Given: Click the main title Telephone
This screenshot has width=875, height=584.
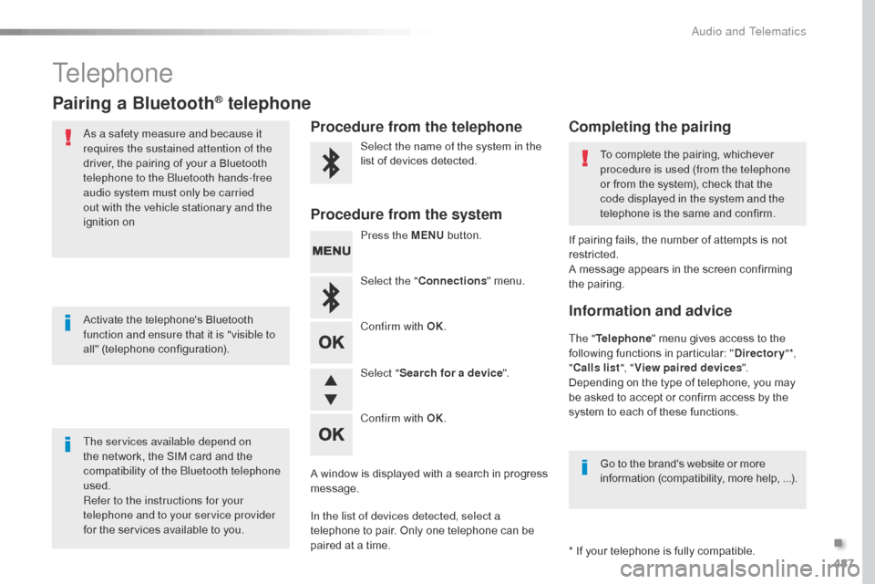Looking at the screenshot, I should coord(113,73).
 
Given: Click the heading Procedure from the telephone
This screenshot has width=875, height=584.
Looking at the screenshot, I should coord(417,127).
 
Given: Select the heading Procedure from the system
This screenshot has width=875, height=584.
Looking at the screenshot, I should coord(407,214).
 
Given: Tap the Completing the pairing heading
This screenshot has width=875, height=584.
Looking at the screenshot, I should coord(650,127).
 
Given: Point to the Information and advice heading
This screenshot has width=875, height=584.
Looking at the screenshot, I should coord(650,311).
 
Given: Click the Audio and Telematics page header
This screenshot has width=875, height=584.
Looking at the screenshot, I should coord(748,31).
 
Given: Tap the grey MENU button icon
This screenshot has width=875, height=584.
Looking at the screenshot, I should coord(331,251).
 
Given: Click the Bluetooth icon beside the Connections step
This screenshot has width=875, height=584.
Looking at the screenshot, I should coord(331,297).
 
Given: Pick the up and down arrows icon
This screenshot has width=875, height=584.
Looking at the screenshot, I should coord(331,389).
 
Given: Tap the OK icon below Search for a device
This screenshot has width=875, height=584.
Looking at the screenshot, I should coord(331,434).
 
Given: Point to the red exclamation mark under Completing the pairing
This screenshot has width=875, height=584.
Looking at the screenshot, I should coord(584,160).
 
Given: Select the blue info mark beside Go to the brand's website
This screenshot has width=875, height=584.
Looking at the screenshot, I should coord(584,468).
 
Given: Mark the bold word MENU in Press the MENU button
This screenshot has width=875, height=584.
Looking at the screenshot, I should coord(427,235).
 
